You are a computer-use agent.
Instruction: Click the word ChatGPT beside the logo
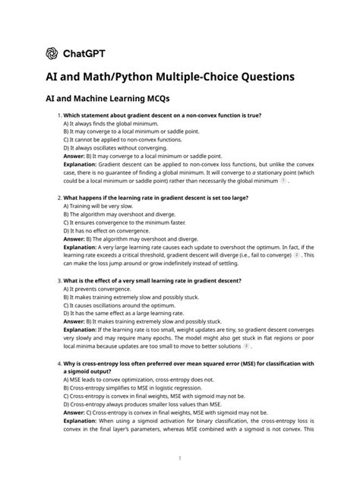(83, 53)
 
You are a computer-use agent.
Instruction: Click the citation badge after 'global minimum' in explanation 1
(283, 182)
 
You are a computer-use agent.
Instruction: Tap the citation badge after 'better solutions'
(246, 346)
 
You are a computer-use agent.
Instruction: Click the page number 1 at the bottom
(179, 458)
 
